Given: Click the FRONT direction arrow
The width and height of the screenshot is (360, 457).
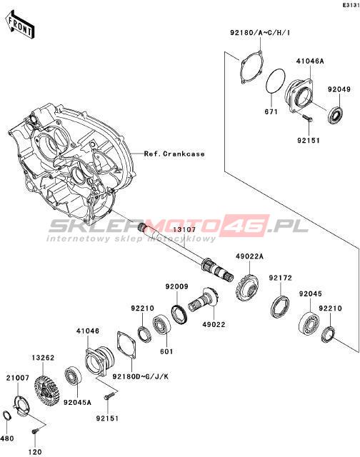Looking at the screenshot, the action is (19, 25).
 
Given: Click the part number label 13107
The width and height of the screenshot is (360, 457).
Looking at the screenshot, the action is (184, 230).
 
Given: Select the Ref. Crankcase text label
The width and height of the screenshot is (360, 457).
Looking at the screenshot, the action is (174, 154).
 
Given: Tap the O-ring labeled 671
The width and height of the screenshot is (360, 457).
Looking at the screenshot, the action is (276, 81).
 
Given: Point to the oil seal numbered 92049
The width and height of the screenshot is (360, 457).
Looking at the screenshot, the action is (336, 116).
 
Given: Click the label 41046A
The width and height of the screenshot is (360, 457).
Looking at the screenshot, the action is (310, 61).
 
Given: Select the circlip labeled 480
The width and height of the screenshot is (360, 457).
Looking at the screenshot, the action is (7, 416).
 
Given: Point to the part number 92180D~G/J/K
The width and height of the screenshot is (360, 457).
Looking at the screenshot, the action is (141, 376).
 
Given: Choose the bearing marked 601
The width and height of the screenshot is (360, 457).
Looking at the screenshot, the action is (161, 324).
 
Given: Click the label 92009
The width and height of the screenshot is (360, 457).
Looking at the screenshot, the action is (176, 287).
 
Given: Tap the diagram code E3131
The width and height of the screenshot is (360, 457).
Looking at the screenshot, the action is (351, 6).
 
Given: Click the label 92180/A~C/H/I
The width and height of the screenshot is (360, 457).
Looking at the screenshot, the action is (260, 33).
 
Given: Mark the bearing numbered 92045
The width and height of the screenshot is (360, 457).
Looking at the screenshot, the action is (309, 323).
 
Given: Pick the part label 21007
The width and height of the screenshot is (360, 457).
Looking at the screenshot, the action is (18, 378).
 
